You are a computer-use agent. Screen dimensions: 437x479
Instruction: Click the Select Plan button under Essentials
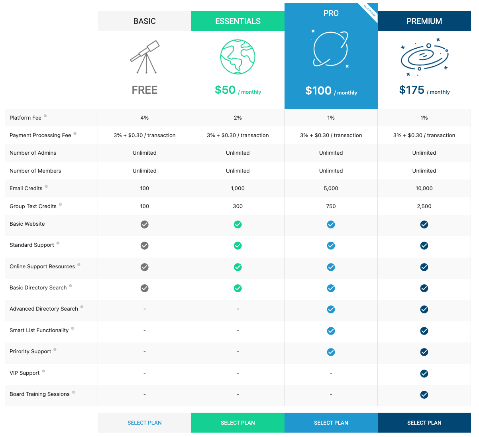pos(238,423)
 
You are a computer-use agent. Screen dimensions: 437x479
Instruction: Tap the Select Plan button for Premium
pos(424,423)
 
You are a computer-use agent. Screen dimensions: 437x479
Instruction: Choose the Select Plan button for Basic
pos(144,423)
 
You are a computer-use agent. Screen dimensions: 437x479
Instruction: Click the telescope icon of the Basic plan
pos(145,57)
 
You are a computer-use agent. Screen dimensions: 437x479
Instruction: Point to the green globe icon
pos(238,57)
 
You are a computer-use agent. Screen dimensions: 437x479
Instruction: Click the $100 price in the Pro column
pos(318,91)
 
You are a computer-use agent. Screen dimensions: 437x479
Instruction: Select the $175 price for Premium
pos(412,90)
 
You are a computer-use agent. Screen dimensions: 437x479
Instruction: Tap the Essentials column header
pos(238,21)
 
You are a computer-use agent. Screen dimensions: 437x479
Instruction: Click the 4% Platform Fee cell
pos(144,118)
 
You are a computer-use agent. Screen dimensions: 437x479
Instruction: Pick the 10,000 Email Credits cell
pos(424,188)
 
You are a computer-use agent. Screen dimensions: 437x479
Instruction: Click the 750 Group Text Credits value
pos(331,206)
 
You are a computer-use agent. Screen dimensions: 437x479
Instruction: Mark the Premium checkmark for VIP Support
pos(424,374)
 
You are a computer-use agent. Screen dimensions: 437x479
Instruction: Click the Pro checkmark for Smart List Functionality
pos(331,331)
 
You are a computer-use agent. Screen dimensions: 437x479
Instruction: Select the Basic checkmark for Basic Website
pos(144,224)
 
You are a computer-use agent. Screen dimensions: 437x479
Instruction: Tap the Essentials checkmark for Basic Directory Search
pos(238,288)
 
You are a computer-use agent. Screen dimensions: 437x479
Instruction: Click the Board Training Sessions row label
pos(39,394)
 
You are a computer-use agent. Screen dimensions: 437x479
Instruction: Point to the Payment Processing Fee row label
pos(40,135)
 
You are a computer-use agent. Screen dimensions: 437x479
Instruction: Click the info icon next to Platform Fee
pos(45,116)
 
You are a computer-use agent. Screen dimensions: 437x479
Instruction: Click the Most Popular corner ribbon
pos(370,11)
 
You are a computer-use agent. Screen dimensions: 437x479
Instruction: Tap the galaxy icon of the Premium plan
pos(424,57)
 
